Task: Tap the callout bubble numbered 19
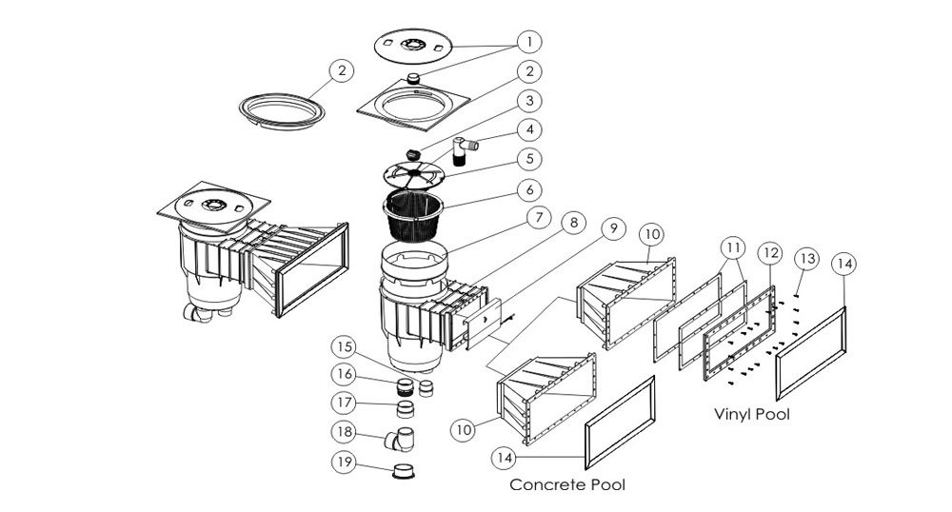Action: click(x=345, y=463)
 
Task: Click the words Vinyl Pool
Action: click(x=751, y=415)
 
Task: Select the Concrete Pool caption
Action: click(x=567, y=484)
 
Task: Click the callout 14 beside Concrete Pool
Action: click(x=506, y=458)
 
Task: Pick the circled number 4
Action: click(x=528, y=128)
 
